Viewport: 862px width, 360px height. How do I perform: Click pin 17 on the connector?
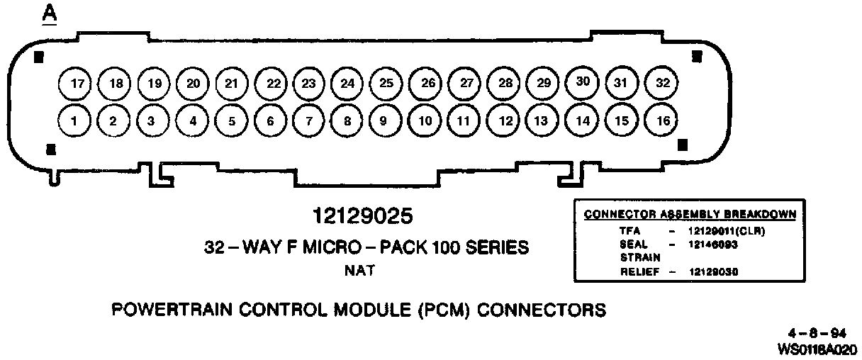pyautogui.click(x=77, y=84)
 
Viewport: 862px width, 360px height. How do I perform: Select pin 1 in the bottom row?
pyautogui.click(x=74, y=120)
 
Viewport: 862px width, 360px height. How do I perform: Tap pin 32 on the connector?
pyautogui.click(x=662, y=83)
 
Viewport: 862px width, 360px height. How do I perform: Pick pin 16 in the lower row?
pyautogui.click(x=663, y=120)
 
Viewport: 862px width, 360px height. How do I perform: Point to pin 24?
pyautogui.click(x=347, y=84)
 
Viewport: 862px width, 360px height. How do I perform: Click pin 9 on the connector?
pyautogui.click(x=383, y=120)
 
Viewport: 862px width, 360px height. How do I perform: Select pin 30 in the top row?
pyautogui.click(x=583, y=81)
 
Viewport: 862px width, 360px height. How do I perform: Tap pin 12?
pyautogui.click(x=505, y=120)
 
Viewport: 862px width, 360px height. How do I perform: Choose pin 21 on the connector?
pyautogui.click(x=231, y=83)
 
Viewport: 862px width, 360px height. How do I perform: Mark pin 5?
pyautogui.click(x=231, y=120)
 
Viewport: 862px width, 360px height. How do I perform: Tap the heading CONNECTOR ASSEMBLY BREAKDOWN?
pyautogui.click(x=689, y=213)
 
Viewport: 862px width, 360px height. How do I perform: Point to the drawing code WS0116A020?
pyautogui.click(x=817, y=349)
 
